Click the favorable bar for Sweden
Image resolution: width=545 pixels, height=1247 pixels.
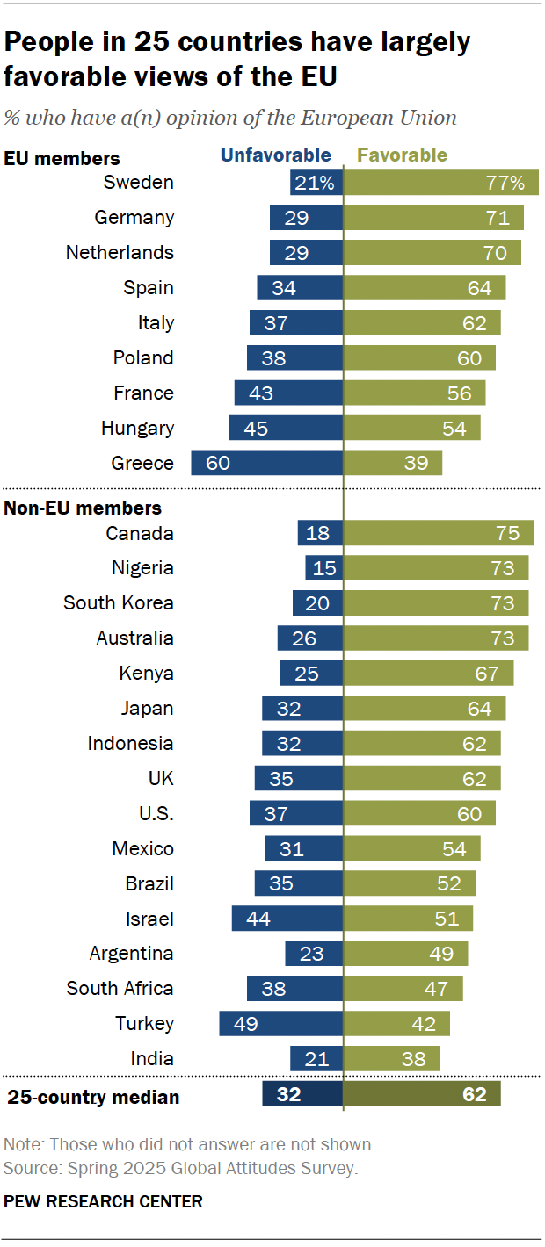(x=440, y=183)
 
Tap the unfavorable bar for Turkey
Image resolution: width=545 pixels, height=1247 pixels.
(x=280, y=1024)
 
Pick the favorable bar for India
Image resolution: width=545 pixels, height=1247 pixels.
(x=391, y=1059)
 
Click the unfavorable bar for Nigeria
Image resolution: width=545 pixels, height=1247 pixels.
(x=324, y=568)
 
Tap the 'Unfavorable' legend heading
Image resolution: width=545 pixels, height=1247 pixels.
(x=275, y=155)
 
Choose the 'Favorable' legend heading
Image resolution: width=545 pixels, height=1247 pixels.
(x=402, y=155)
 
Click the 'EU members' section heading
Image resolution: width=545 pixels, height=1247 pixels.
(x=62, y=159)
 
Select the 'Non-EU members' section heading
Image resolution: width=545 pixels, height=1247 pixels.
(x=83, y=508)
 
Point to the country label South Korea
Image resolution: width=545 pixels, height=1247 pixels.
(x=119, y=603)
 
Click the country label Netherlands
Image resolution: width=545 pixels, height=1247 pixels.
(x=120, y=253)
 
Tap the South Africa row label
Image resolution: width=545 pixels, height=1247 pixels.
(x=120, y=989)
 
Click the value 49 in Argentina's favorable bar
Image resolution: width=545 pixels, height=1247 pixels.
(x=447, y=954)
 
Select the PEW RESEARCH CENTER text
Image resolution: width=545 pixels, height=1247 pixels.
(x=103, y=1201)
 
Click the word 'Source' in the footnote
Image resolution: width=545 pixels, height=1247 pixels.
(x=27, y=1168)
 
